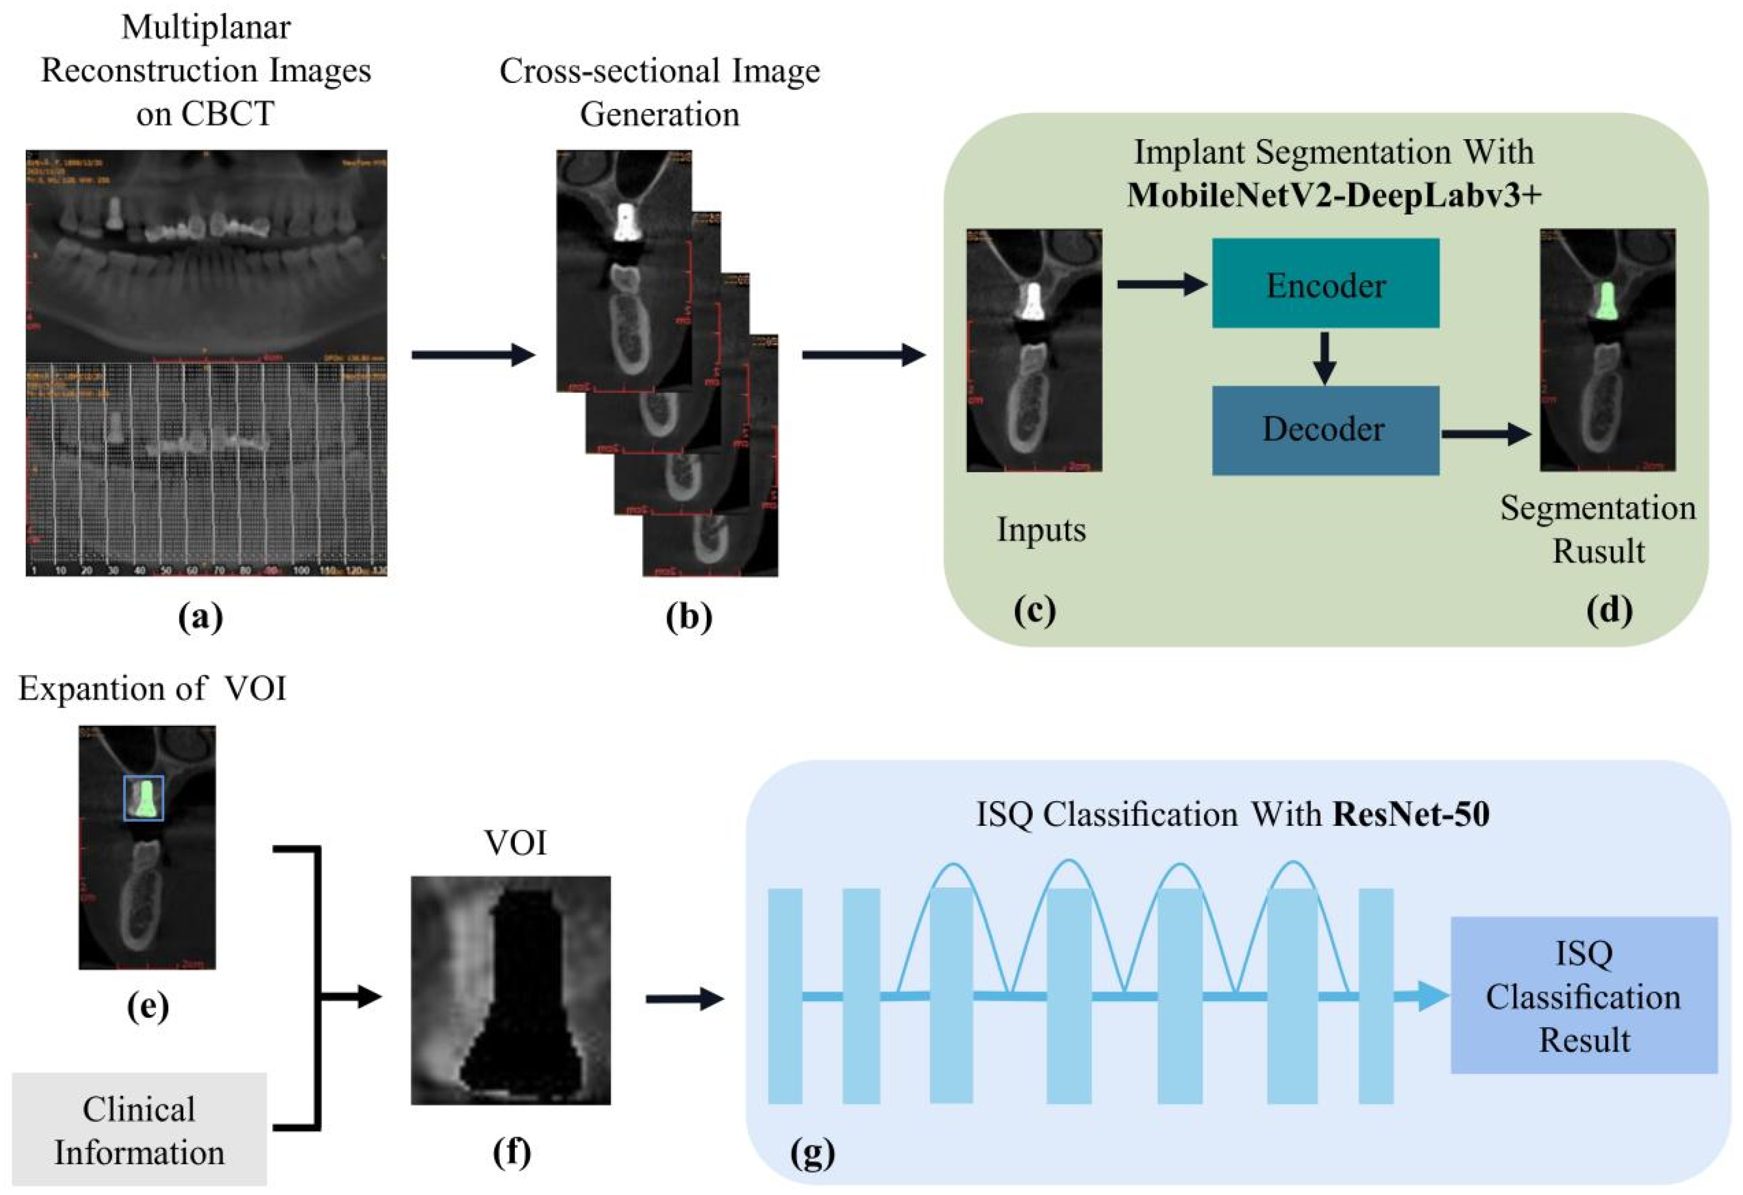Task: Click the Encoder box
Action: click(1325, 284)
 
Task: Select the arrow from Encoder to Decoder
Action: click(1325, 358)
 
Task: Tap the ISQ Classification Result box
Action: click(1583, 996)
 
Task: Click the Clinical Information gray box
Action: click(140, 1129)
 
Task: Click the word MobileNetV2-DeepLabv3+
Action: click(1334, 195)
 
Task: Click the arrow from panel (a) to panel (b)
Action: click(473, 354)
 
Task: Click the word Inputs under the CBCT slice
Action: click(1041, 529)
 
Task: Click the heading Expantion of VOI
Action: click(152, 688)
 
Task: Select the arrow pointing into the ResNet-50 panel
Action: click(684, 999)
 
